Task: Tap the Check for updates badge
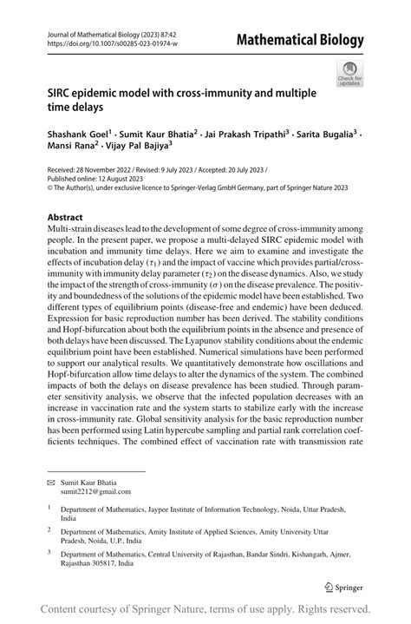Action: (351, 74)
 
